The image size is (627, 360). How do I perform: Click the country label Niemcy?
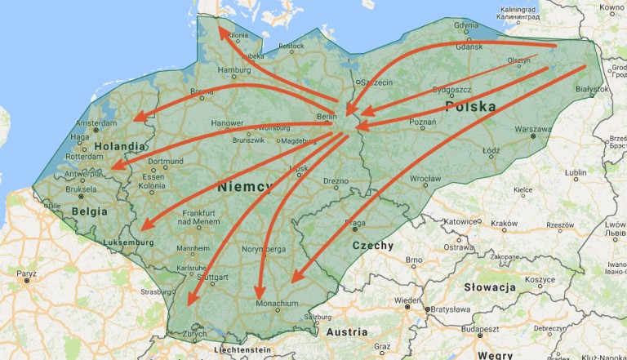(x=245, y=187)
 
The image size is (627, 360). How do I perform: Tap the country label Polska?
(x=470, y=107)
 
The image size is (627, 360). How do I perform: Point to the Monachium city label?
(x=278, y=304)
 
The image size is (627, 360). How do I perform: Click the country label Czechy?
(x=372, y=245)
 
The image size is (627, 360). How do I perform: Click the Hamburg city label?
(x=233, y=70)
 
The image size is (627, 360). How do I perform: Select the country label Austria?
(x=347, y=332)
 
